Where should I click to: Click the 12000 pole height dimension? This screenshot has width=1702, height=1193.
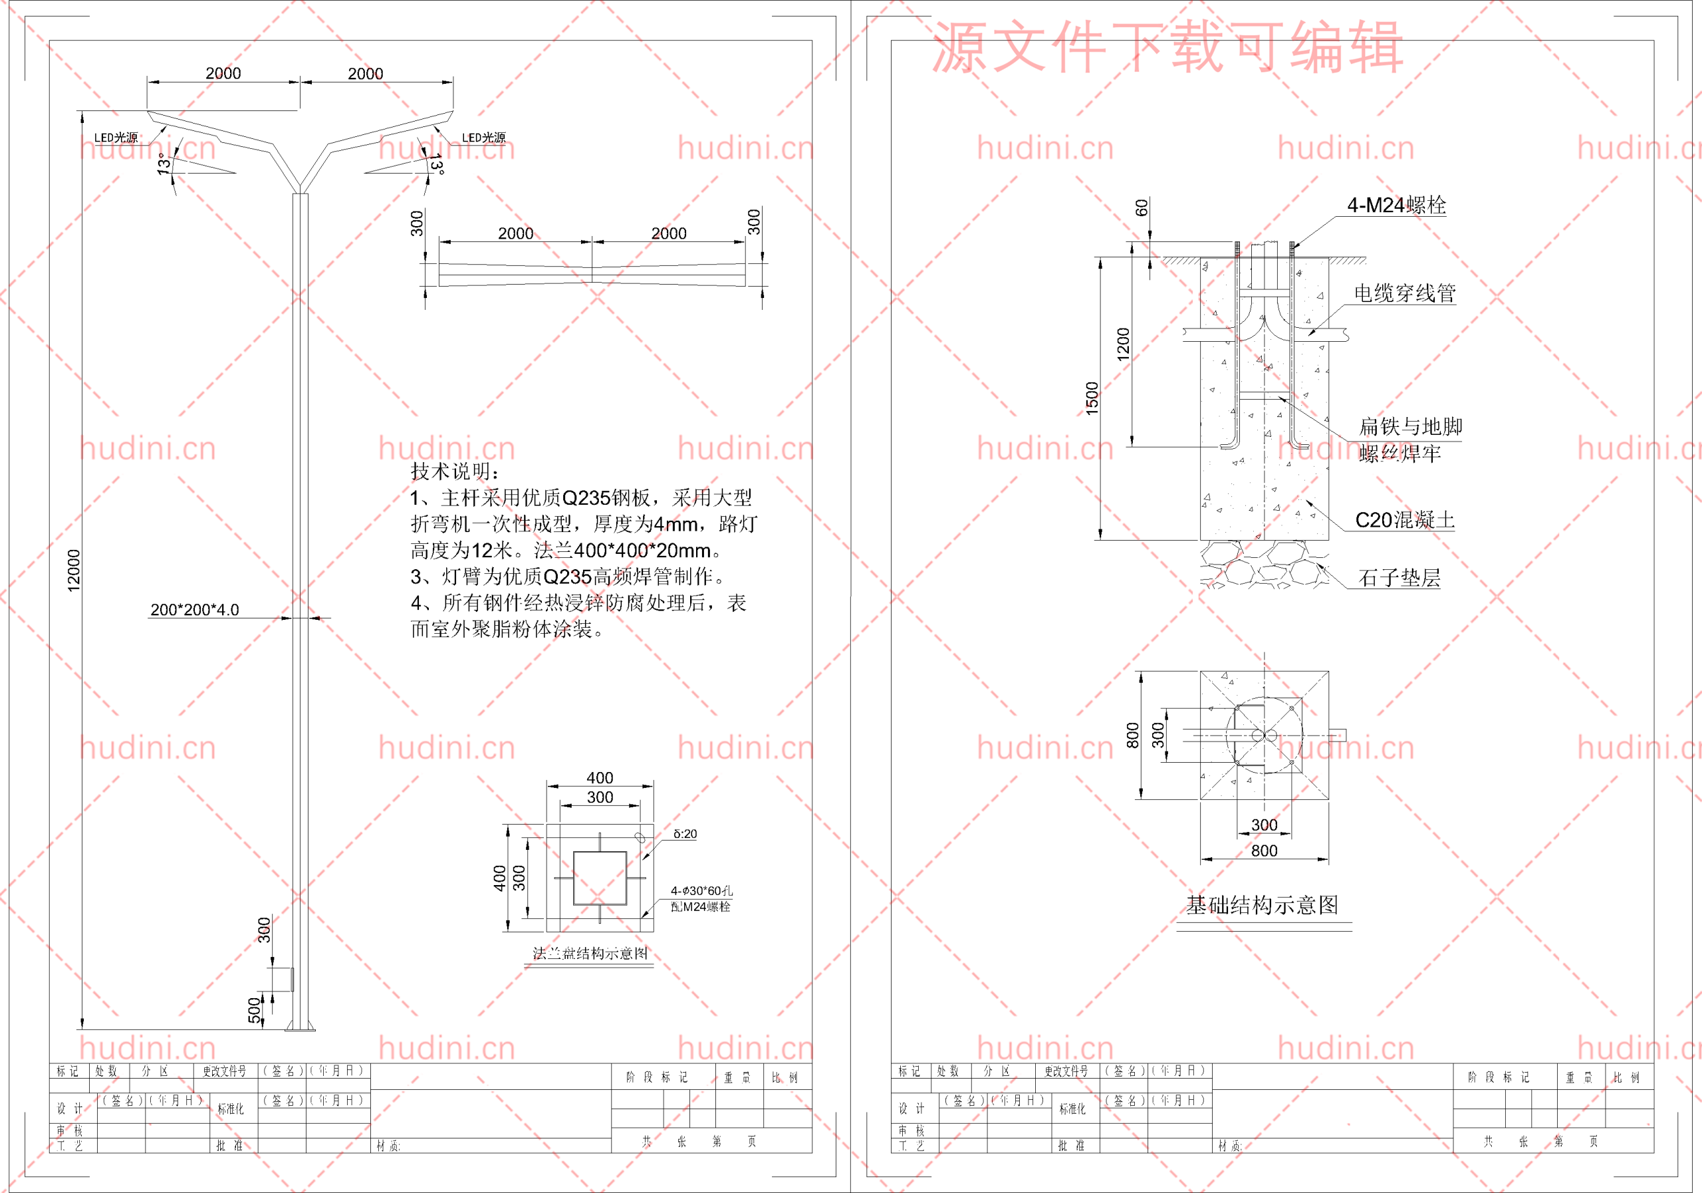click(x=73, y=570)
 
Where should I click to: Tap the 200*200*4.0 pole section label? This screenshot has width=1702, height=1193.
click(x=194, y=610)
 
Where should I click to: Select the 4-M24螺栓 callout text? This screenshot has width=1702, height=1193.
click(x=1396, y=205)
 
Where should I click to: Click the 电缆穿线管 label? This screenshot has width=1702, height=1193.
click(x=1404, y=294)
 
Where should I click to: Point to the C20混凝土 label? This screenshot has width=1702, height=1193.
click(x=1404, y=520)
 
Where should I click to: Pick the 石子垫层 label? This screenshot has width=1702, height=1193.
click(x=1399, y=578)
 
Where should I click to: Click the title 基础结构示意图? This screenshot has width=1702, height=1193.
click(x=1262, y=904)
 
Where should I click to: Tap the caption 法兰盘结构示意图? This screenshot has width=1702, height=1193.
click(x=590, y=954)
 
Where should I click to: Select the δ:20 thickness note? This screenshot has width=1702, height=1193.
click(x=684, y=834)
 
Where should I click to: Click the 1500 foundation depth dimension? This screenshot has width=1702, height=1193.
click(x=1092, y=398)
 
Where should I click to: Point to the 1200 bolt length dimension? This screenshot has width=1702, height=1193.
click(x=1123, y=344)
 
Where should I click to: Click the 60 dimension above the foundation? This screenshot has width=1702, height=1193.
click(x=1142, y=207)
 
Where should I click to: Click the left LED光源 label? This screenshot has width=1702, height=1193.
click(x=116, y=138)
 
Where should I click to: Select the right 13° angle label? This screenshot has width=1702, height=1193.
click(x=437, y=165)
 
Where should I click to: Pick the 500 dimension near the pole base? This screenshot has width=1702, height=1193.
click(x=254, y=1010)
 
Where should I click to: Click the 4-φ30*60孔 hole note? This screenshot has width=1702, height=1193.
click(x=701, y=890)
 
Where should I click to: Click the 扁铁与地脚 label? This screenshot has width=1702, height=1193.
click(x=1410, y=426)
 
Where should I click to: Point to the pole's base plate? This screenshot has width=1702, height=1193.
click(x=301, y=1027)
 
